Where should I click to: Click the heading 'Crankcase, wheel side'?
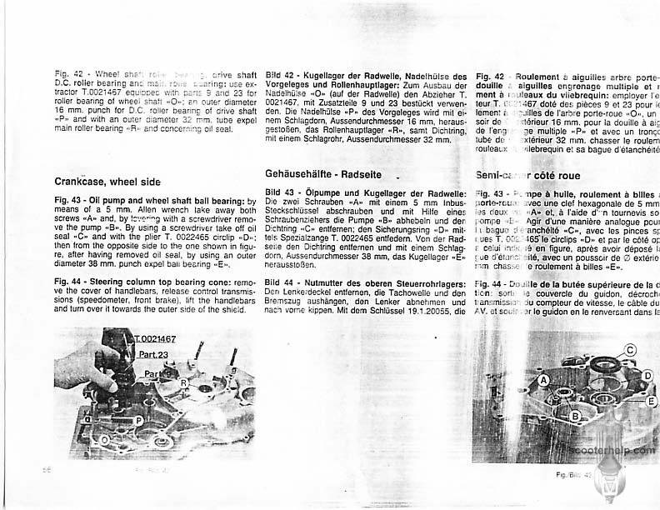[x=107, y=181]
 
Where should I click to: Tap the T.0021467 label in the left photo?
[x=154, y=338]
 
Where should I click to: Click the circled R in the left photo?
[x=182, y=382]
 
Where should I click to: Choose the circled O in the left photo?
[x=105, y=438]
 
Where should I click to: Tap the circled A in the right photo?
[x=542, y=379]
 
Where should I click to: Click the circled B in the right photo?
[x=575, y=415]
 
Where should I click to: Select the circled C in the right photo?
[x=630, y=349]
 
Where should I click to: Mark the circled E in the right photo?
[x=651, y=401]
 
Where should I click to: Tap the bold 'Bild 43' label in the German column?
[x=281, y=193]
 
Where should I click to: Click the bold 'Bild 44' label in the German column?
[x=281, y=283]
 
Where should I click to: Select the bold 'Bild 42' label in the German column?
[x=281, y=76]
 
